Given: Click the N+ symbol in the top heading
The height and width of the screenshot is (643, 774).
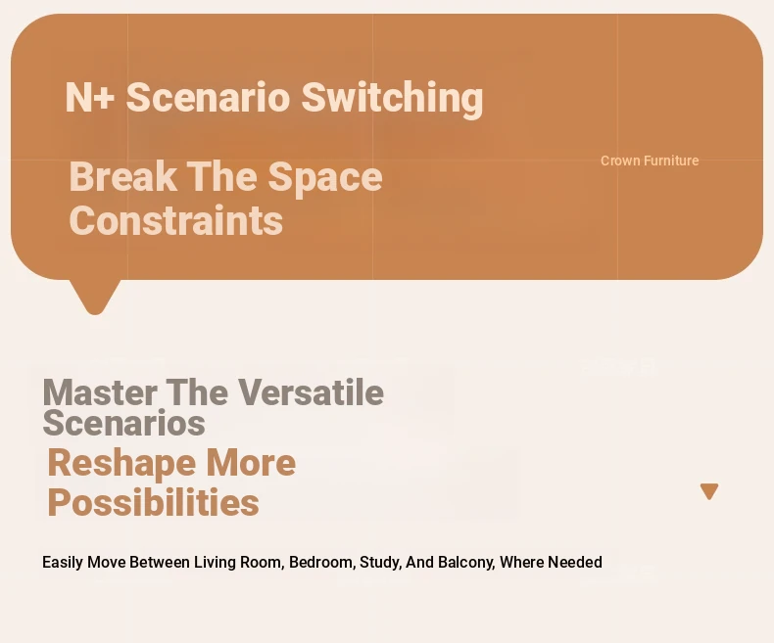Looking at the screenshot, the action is point(90,98).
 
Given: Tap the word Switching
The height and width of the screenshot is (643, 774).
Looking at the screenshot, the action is point(392,100).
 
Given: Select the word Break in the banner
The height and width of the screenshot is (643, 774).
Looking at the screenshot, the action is point(123,176).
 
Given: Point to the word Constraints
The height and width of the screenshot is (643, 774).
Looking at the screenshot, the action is point(176,221).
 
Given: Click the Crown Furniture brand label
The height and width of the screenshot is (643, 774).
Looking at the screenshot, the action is point(650,161).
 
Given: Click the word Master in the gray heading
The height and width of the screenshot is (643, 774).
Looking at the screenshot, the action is point(100,392).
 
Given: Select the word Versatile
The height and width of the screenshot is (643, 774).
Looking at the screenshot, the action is point(312,392).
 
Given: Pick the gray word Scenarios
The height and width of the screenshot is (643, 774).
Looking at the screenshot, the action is point(123,423).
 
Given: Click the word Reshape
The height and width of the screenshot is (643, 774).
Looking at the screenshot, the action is point(121,464).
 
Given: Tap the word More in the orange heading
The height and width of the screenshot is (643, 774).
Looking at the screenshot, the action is point(251,463).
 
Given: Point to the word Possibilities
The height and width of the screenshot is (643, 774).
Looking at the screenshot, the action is point(154,502).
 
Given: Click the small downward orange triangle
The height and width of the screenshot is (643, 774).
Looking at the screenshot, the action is point(709,491).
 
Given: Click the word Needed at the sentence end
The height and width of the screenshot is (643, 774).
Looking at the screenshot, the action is point(575,562).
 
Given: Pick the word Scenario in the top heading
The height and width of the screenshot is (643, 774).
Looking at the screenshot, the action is point(208,98).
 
